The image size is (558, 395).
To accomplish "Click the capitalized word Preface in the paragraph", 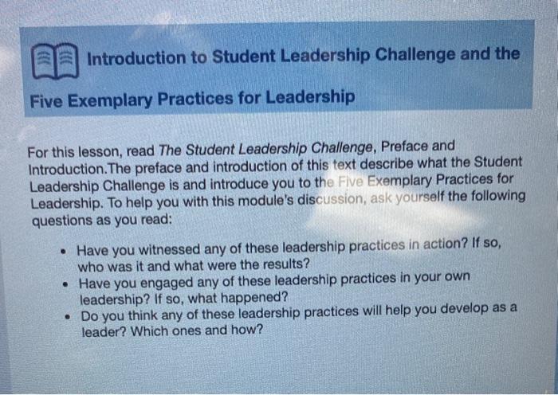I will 407,148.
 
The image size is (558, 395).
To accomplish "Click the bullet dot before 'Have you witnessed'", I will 61,249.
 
